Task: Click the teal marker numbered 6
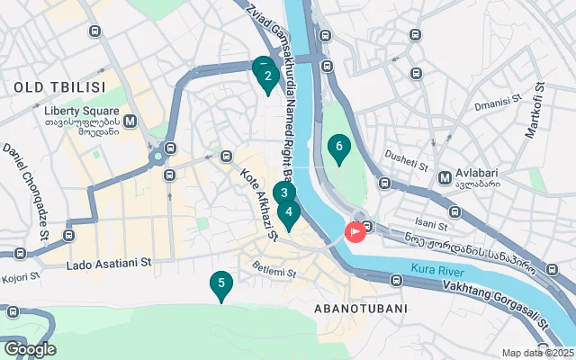pyautogui.click(x=338, y=147)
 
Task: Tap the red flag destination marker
pyautogui.click(x=355, y=232)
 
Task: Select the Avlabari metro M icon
pyautogui.click(x=444, y=176)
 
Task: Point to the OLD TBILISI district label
pyautogui.click(x=59, y=87)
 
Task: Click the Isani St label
pyautogui.click(x=430, y=225)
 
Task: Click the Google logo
pyautogui.click(x=30, y=348)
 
